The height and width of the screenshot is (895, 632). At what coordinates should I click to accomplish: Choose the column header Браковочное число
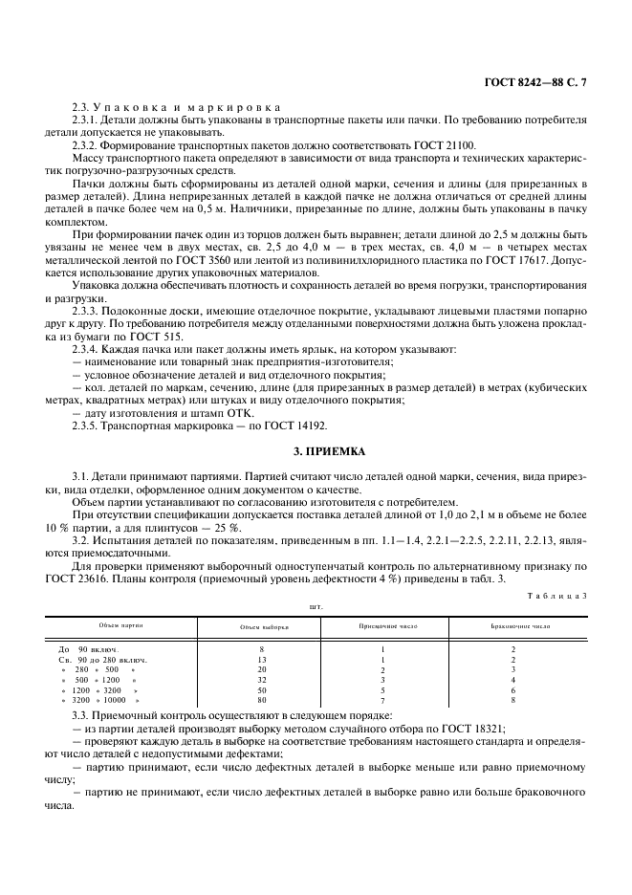click(513, 626)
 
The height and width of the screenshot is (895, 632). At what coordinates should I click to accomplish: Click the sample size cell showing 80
click(261, 700)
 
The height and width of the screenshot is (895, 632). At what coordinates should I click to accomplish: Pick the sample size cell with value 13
click(261, 660)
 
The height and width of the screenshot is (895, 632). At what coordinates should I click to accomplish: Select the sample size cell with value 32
click(261, 680)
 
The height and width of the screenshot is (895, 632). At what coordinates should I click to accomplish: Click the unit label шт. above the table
click(315, 606)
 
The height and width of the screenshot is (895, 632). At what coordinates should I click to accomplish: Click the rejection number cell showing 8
click(513, 700)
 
